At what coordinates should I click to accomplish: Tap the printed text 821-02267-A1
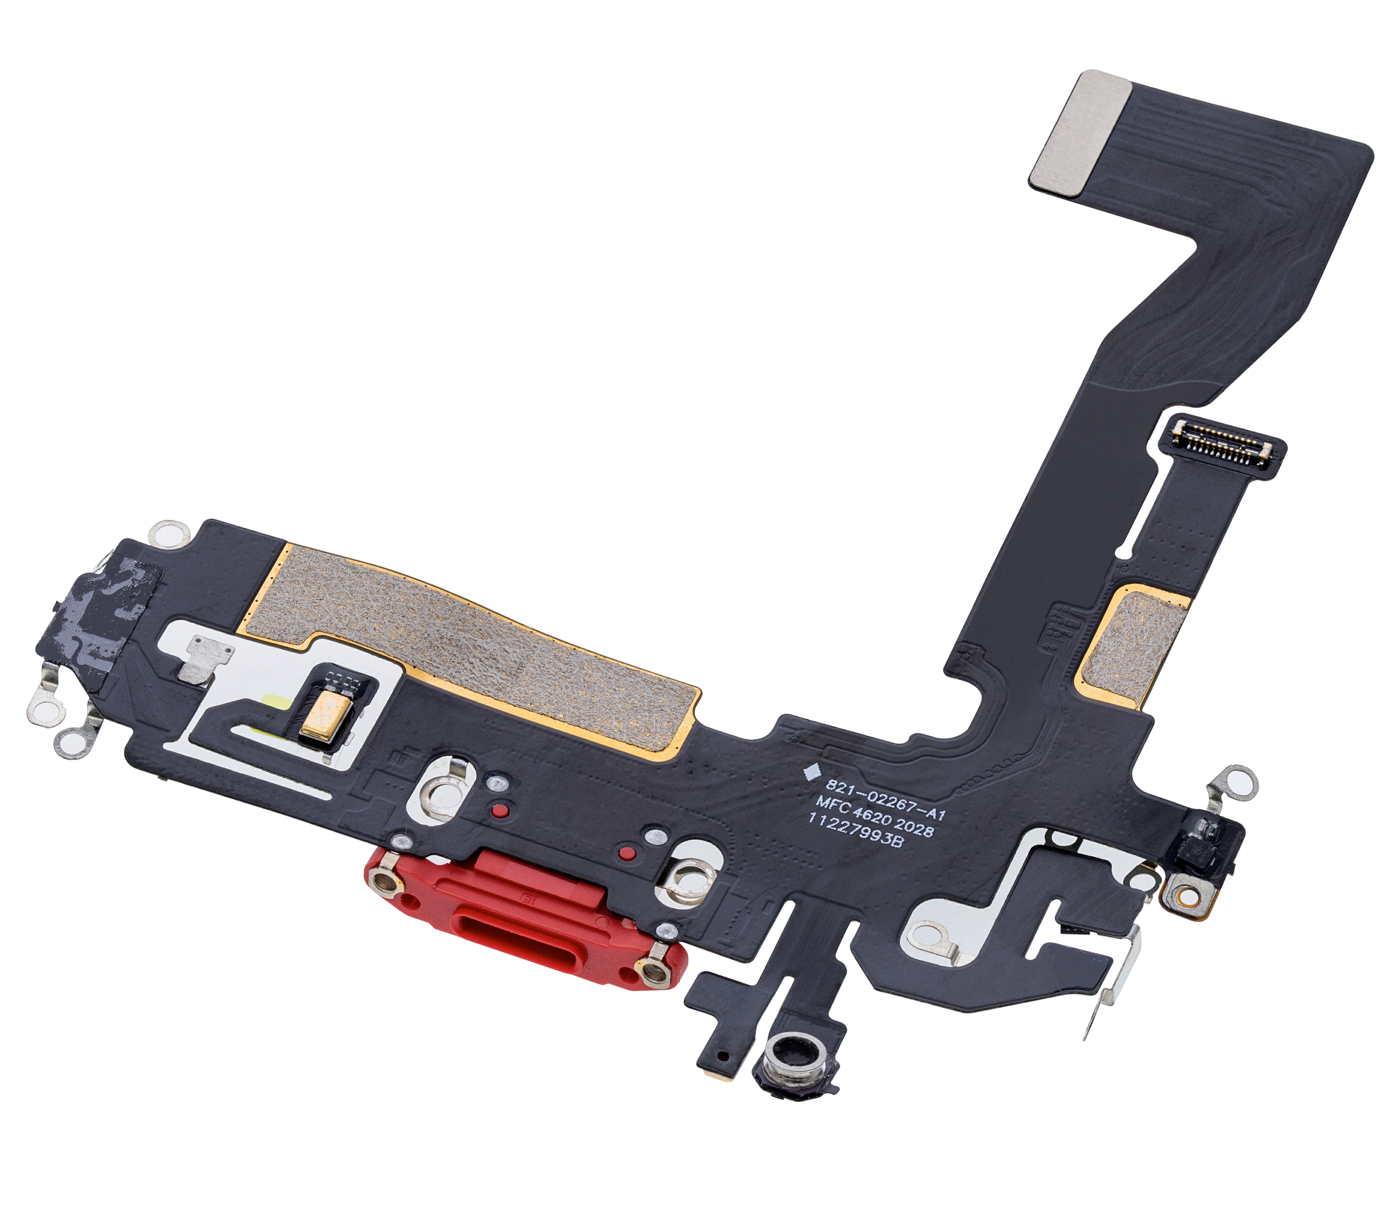coord(885,799)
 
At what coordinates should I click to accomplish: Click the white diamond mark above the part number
coord(811,771)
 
